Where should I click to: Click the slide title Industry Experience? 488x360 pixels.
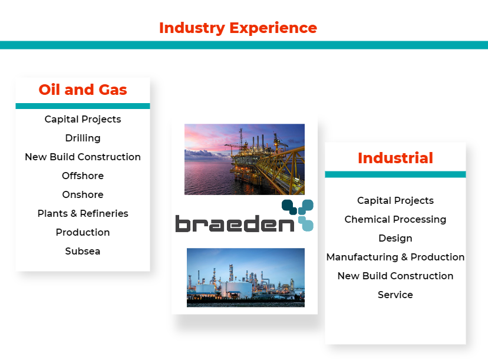tap(238, 28)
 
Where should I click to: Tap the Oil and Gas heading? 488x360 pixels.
tap(83, 90)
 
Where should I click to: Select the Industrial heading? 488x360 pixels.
tap(395, 158)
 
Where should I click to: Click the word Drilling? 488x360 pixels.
tap(83, 138)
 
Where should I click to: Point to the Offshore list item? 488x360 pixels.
tap(83, 176)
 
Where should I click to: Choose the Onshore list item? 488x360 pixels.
tap(83, 194)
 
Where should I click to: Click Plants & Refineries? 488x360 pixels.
tap(83, 213)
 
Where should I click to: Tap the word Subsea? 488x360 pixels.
tap(83, 251)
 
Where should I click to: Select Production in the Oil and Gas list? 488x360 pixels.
tap(83, 232)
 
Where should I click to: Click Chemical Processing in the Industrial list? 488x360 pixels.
tap(395, 219)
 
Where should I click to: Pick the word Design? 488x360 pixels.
tap(395, 239)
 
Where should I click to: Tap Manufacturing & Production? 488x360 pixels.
tap(395, 257)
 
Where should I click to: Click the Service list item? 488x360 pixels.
tap(395, 295)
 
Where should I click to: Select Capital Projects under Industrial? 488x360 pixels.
tap(395, 201)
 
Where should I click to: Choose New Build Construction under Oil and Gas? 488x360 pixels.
tap(83, 157)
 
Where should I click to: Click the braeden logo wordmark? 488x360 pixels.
tap(235, 223)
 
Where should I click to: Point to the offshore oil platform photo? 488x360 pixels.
tap(245, 159)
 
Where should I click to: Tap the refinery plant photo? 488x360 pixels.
tap(246, 278)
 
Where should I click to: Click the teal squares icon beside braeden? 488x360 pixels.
tap(298, 215)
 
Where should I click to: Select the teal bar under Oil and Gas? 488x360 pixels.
tap(83, 106)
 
